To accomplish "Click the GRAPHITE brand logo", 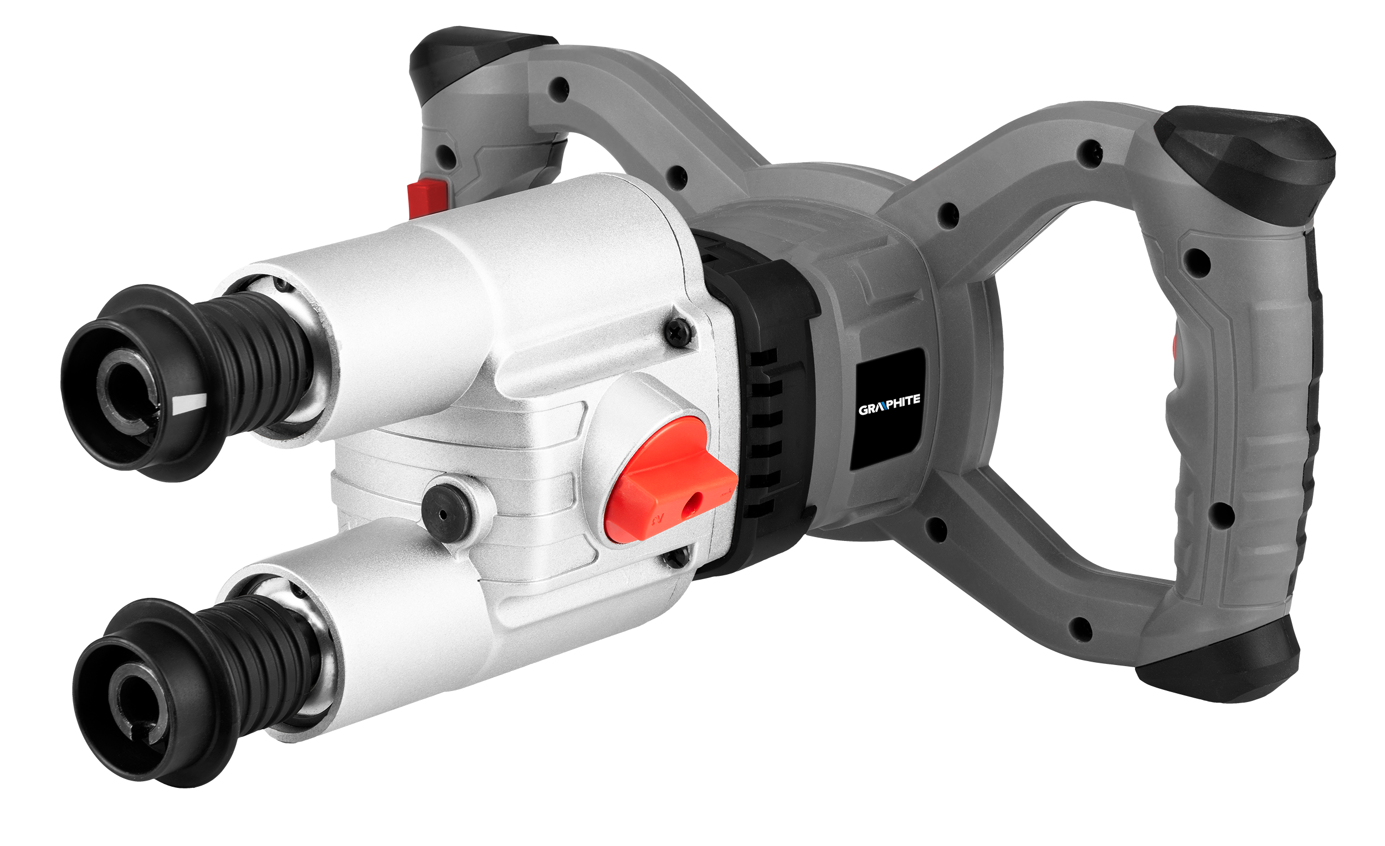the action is (889, 403).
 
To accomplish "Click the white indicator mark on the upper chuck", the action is (189, 403).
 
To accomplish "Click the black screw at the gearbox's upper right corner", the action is (680, 330).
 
